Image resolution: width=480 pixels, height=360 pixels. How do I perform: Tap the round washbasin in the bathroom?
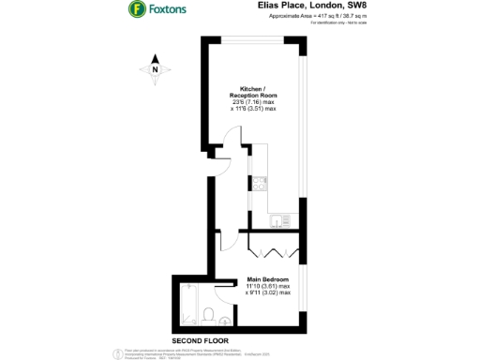[225, 320]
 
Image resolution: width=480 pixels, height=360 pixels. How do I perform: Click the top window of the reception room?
[248, 38]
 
